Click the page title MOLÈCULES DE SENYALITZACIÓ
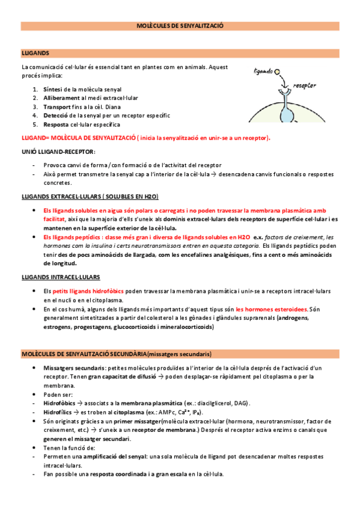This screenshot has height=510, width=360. pyautogui.click(x=180, y=26)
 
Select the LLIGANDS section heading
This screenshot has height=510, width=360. pyautogui.click(x=35, y=53)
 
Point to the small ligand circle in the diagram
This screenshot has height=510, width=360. pyautogui.click(x=277, y=72)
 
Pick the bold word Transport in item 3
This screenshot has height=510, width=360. pyautogui.click(x=59, y=106)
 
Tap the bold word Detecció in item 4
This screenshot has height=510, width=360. pyautogui.click(x=57, y=115)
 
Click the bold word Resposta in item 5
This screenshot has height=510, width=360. pyautogui.click(x=57, y=124)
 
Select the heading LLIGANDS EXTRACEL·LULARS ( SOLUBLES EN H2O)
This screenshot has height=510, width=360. pyautogui.click(x=90, y=197)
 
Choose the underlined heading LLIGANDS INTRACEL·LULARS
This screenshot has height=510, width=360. pyautogui.click(x=61, y=277)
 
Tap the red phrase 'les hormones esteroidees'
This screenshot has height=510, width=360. pyautogui.click(x=272, y=309)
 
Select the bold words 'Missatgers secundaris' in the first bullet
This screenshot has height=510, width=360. pyautogui.click(x=69, y=367)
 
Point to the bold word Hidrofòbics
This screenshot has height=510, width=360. pyautogui.click(x=59, y=402)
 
